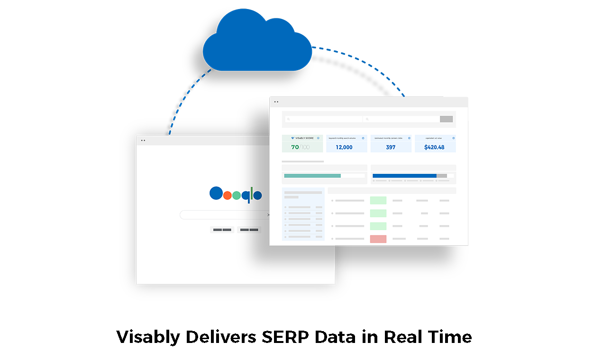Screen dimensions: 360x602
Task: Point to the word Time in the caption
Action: (x=452, y=337)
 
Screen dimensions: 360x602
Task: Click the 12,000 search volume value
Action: (x=344, y=147)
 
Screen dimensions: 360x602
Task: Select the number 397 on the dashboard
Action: (x=391, y=147)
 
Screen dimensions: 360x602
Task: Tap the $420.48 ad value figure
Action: (x=434, y=147)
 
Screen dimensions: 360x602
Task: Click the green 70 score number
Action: (x=295, y=147)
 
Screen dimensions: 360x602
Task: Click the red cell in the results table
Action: (x=378, y=239)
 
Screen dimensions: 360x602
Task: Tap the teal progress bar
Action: (x=312, y=176)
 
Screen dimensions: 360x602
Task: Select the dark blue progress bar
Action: (x=404, y=176)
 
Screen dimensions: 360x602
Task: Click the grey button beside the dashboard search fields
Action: (x=446, y=119)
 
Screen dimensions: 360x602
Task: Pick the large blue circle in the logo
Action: (x=216, y=193)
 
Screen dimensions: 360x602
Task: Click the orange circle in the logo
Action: (x=228, y=195)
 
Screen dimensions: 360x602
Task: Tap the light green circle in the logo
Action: (x=237, y=195)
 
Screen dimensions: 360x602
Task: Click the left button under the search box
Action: (x=222, y=230)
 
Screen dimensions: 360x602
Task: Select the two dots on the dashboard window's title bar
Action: (x=276, y=102)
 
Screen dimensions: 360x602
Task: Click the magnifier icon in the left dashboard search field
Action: (x=288, y=119)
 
